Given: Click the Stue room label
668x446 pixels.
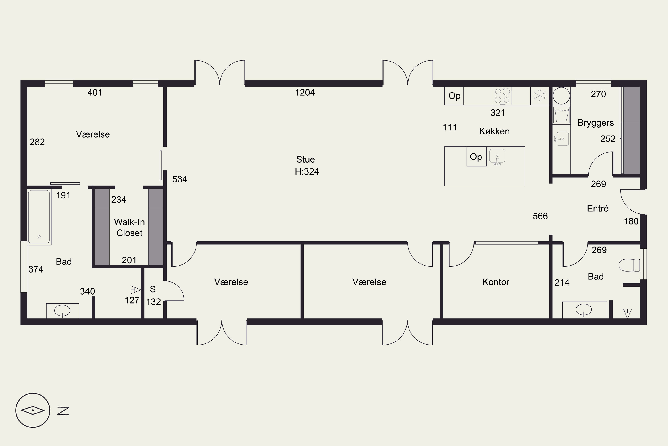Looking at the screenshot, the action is pos(305,159).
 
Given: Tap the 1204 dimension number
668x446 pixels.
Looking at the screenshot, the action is pos(305,93).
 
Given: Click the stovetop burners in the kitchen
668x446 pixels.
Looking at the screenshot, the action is pos(502,96).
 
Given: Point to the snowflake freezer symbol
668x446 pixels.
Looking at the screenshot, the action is pos(540,96).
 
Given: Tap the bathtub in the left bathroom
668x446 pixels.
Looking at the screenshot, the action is pos(39,217).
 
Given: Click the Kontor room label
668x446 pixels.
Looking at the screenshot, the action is pos(496,282).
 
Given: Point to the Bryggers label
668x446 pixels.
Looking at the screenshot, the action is pos(596,123).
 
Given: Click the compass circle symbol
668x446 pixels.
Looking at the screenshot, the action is pos(33,411).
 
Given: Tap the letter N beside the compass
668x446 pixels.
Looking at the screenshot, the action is pos(63,411).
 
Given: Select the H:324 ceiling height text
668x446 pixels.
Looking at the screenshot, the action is pos(307,171).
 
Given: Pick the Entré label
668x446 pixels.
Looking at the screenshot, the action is pos(598,209).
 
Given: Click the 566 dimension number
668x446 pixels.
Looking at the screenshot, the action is pos(540,216).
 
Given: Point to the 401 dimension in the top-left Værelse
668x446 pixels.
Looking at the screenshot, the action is pos(95,93).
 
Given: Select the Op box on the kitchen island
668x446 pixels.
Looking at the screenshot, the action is pos(476,157).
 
